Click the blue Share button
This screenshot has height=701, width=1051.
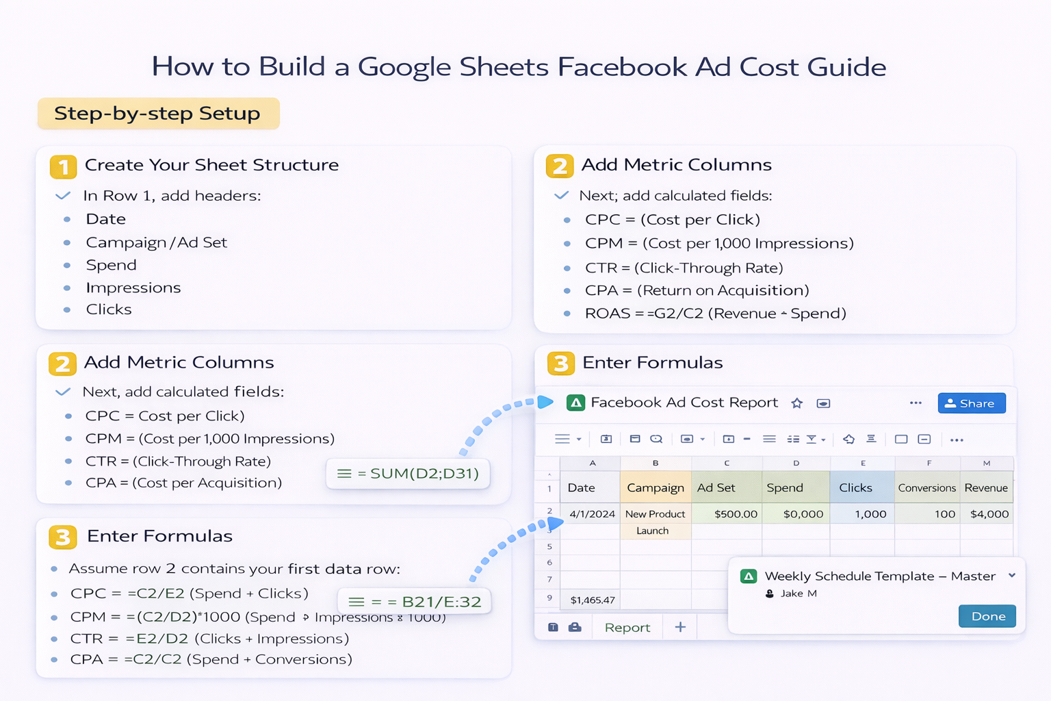(971, 403)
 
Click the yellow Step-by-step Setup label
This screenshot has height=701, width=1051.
(158, 114)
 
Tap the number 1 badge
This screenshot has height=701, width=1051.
(63, 166)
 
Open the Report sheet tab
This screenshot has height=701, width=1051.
(627, 627)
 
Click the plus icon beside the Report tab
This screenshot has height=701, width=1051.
(680, 627)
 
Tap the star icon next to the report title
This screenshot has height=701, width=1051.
(796, 403)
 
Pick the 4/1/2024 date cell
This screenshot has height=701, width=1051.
(592, 513)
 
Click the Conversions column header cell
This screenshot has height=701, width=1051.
(926, 487)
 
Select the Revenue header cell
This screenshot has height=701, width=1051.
(985, 487)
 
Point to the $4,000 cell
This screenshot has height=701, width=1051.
(989, 513)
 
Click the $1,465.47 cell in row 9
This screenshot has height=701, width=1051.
(593, 600)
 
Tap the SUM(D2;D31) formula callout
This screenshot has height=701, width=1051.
(408, 473)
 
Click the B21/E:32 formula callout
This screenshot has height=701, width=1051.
(415, 602)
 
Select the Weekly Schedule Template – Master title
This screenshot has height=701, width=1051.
(879, 576)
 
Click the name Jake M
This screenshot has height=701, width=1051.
(799, 594)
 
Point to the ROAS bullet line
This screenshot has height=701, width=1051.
(715, 314)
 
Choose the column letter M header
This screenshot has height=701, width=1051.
(986, 463)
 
